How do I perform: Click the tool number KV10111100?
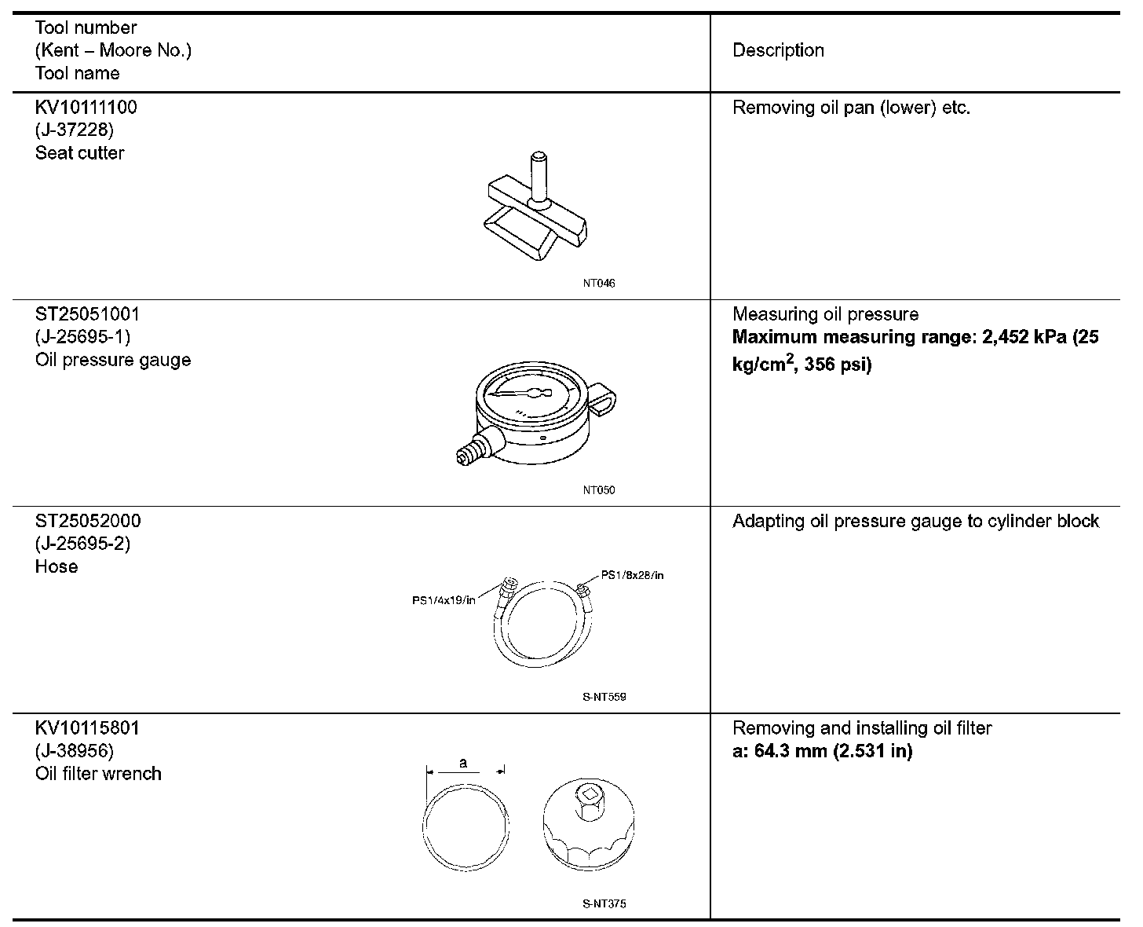86,107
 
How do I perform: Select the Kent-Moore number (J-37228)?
75,130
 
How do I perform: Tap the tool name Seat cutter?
79,152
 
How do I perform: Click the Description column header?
778,50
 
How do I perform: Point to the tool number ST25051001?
87,314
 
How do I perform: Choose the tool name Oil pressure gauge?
113,360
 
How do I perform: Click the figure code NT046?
599,283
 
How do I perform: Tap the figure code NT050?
599,490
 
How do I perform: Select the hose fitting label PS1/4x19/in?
444,601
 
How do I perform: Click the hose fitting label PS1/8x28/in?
632,575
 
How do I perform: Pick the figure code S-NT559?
604,697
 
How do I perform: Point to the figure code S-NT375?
604,903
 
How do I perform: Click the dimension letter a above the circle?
463,762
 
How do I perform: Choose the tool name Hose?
57,566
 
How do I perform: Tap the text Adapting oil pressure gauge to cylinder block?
915,521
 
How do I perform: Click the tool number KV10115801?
86,728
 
